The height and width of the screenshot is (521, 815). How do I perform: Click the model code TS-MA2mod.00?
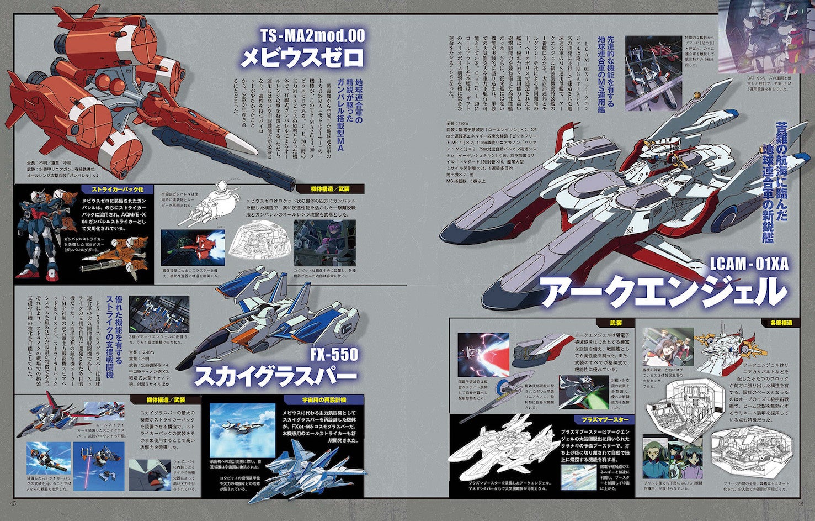312,36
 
